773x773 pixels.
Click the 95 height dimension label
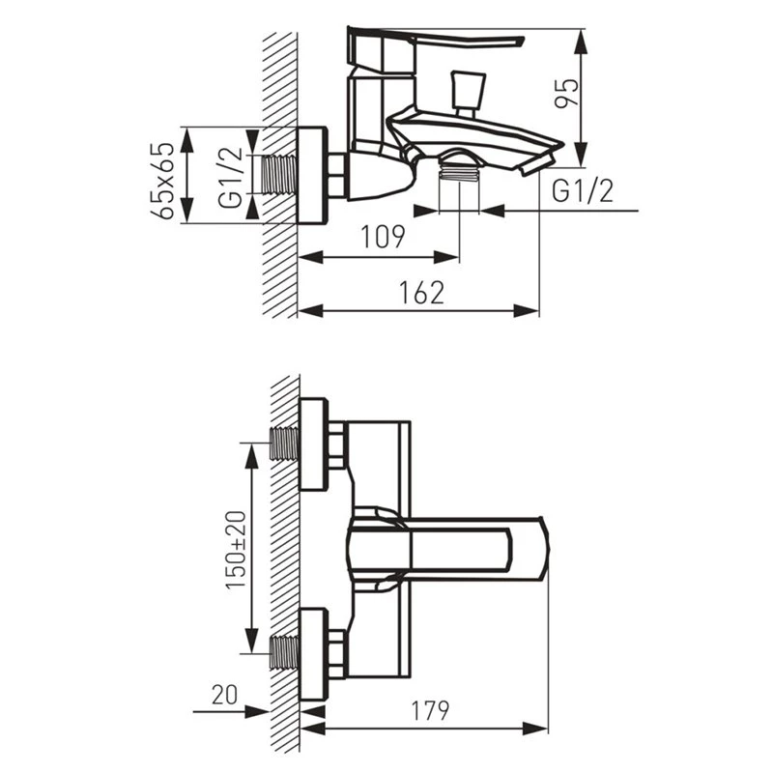coord(566,93)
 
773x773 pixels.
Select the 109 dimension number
coord(383,237)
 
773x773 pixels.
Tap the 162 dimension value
coord(422,293)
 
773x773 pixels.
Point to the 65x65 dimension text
coord(162,181)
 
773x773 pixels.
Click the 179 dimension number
coord(430,710)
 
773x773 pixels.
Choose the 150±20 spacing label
coord(236,550)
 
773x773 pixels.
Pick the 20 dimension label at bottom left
coord(225,694)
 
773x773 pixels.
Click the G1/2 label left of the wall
coord(231,177)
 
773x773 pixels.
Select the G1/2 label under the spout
coord(583,190)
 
